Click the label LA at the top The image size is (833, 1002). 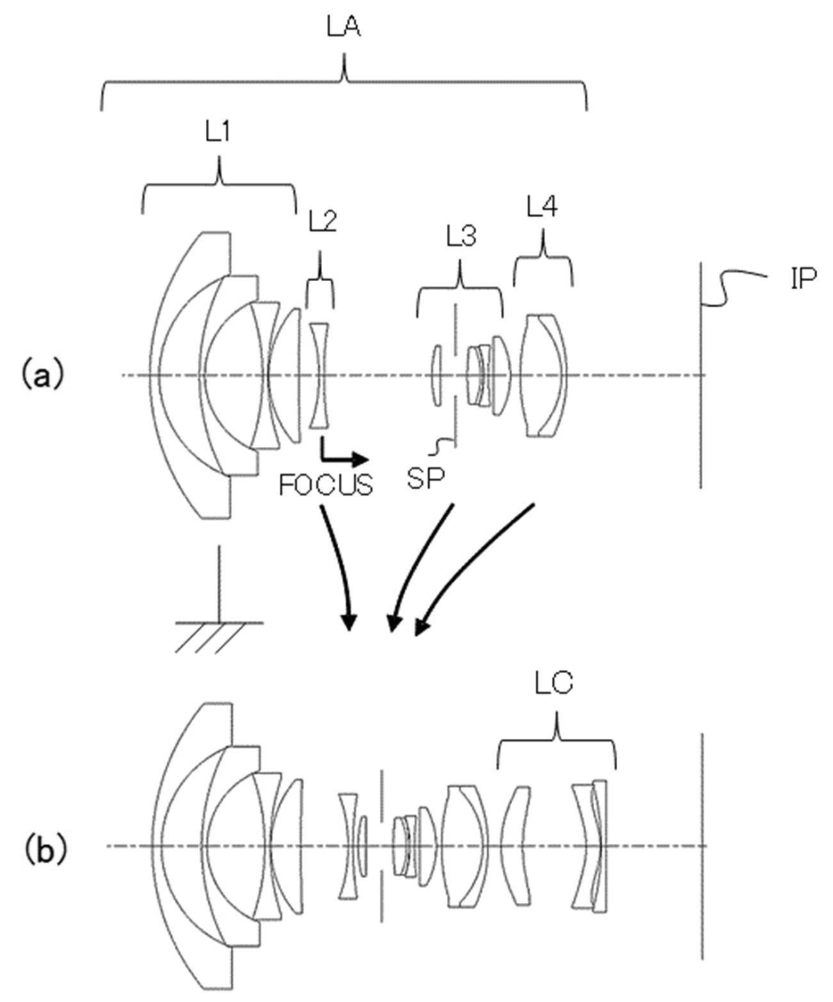click(x=344, y=28)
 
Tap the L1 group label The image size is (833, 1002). click(x=219, y=132)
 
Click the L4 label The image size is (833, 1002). click(x=542, y=207)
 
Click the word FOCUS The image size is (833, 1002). click(x=326, y=484)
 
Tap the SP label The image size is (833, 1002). click(x=425, y=479)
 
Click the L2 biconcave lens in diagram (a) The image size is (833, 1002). click(x=321, y=375)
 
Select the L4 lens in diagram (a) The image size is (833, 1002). click(x=545, y=375)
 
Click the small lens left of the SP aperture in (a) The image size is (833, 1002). click(x=436, y=375)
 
